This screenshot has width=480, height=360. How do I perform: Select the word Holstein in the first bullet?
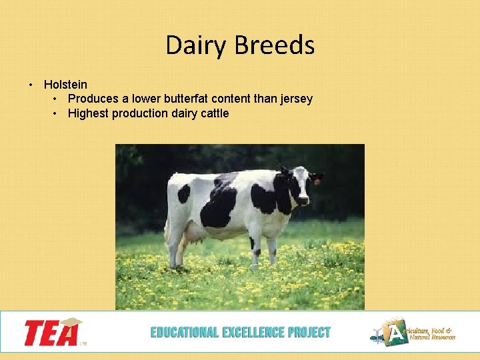pos(65,85)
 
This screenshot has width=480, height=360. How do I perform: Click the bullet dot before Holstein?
pos(31,85)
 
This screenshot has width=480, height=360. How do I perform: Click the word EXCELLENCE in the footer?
pos(249,332)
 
